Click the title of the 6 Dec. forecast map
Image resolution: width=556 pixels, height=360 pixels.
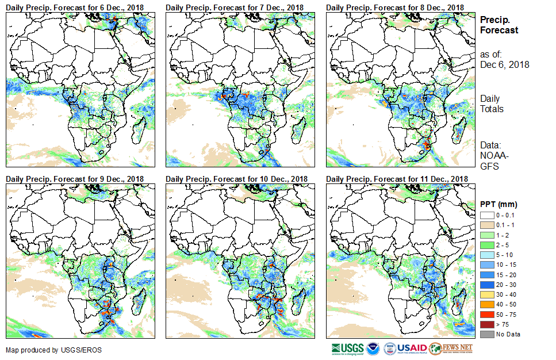click(x=75, y=7)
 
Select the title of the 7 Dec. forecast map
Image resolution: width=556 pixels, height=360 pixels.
click(x=235, y=7)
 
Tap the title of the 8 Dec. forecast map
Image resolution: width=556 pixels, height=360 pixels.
click(x=394, y=7)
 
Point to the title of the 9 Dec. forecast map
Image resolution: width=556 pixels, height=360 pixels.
click(x=75, y=179)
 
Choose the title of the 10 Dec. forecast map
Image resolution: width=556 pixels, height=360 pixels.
click(x=236, y=179)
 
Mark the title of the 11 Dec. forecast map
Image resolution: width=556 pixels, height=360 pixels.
click(x=397, y=179)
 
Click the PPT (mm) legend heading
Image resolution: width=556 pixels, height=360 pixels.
click(x=499, y=205)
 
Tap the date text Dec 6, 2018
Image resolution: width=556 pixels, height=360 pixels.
click(x=504, y=64)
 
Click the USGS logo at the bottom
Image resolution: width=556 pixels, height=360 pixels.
click(x=347, y=348)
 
